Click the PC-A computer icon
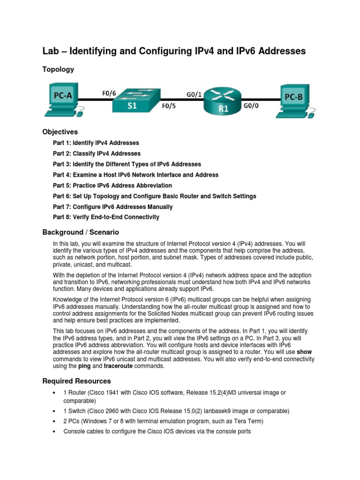(61, 99)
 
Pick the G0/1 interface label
(194, 94)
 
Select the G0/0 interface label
(251, 106)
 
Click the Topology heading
(58, 69)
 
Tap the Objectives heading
(60, 132)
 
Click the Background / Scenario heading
(81, 232)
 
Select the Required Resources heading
(76, 381)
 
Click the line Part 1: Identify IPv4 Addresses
(96, 143)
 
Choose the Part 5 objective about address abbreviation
(112, 186)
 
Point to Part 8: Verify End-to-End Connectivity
(106, 217)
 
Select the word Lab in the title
(52, 51)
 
